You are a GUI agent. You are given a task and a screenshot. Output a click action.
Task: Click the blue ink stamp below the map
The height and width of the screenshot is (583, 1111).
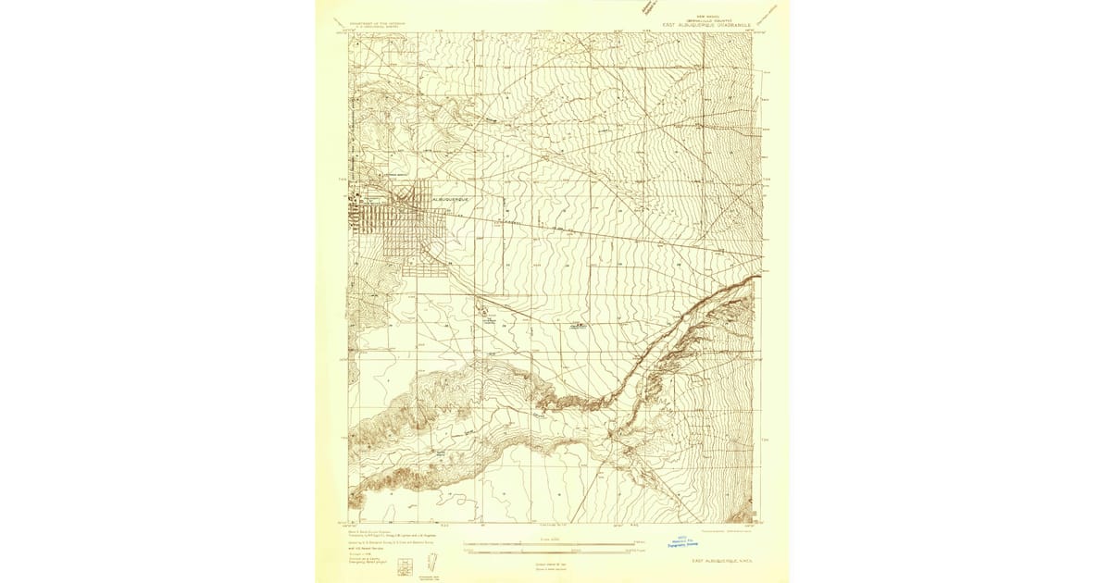click(686, 543)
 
